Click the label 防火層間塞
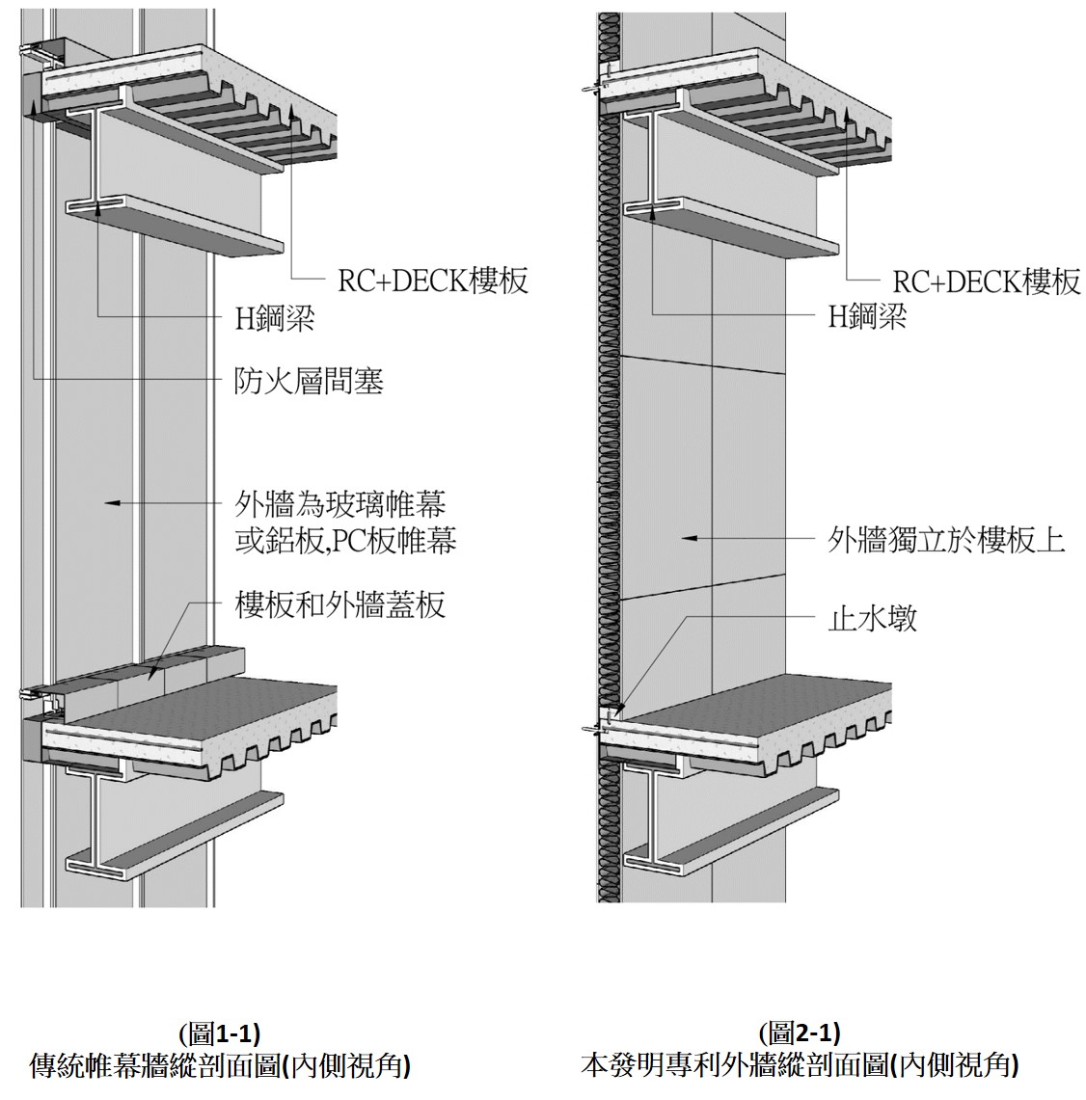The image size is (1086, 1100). (x=310, y=382)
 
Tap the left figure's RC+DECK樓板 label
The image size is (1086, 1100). (x=432, y=281)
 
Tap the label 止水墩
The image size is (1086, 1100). (x=872, y=617)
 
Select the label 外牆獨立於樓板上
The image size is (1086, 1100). (x=946, y=538)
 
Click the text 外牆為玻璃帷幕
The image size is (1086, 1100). (x=340, y=503)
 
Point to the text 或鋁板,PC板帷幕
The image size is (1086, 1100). (x=345, y=541)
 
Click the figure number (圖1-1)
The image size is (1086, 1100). (x=219, y=1034)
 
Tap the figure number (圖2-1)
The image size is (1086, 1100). (x=800, y=1034)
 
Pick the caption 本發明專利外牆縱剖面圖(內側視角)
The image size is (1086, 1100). (x=800, y=1065)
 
